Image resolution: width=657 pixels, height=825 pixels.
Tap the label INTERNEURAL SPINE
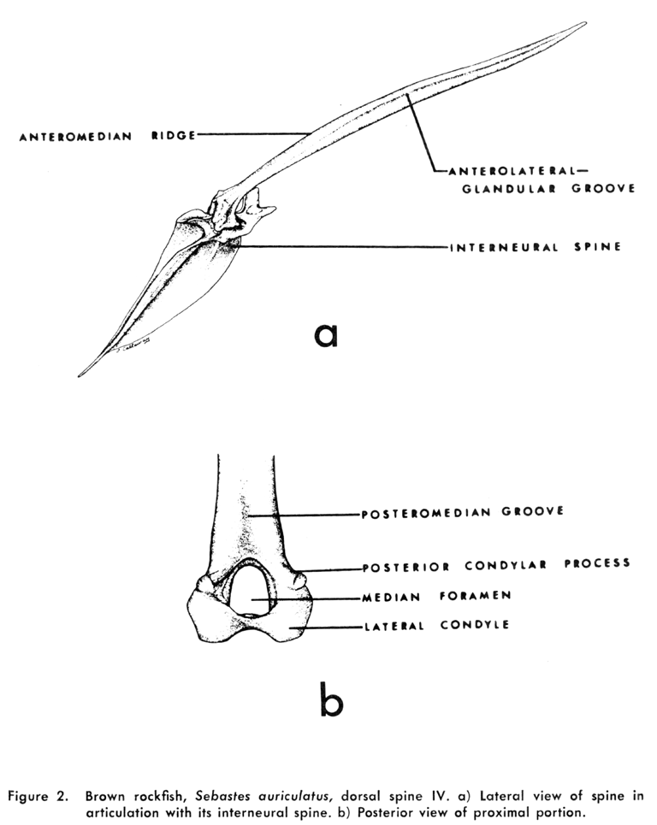pos(534,249)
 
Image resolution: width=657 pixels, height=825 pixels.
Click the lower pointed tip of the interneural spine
pos(80,374)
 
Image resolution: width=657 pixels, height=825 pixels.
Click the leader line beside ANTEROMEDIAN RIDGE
pos(252,133)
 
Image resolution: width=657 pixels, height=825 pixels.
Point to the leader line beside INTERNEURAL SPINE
pos(342,249)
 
